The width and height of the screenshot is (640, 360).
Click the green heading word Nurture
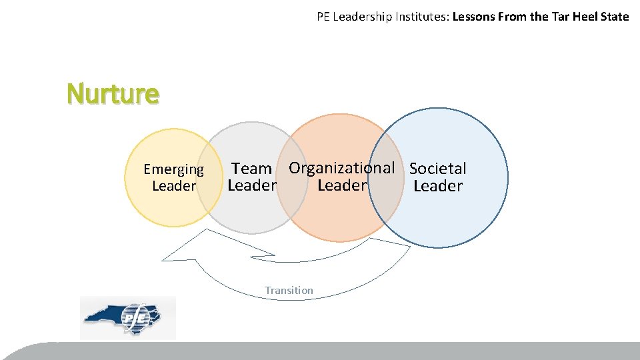(113, 93)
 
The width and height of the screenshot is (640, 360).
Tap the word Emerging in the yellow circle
(173, 170)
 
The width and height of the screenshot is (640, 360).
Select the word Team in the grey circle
(251, 169)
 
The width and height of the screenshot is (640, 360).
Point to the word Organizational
(341, 168)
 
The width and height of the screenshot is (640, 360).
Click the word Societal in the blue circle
(437, 169)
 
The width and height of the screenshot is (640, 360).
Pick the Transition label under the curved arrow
(289, 290)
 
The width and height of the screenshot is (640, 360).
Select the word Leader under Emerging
(174, 186)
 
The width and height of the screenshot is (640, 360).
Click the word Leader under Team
(251, 185)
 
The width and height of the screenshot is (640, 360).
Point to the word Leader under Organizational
(341, 185)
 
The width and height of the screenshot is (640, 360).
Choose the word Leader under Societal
(437, 186)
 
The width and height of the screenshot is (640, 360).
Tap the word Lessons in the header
(474, 17)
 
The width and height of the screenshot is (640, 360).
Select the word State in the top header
(614, 17)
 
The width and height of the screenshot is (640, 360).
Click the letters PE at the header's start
(324, 17)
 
